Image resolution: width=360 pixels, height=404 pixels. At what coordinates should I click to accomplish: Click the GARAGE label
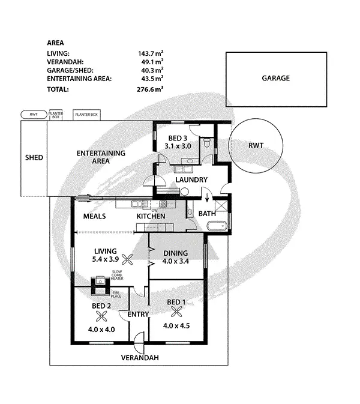point(275,78)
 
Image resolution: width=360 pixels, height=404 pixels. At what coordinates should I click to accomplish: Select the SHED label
point(34,158)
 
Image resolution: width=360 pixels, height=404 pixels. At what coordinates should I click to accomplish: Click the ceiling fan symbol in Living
point(127,259)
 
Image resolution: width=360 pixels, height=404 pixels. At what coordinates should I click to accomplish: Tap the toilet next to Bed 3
point(206,143)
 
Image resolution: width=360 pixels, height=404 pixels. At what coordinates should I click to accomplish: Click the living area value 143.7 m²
point(151,53)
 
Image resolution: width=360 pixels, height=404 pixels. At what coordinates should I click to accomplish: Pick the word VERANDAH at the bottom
point(140,358)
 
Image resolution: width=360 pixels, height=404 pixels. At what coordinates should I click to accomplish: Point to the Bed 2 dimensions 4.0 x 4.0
point(101,329)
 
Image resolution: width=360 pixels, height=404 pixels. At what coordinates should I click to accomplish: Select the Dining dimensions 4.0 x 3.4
point(176,262)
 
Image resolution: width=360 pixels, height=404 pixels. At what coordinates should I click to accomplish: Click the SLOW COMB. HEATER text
point(117,277)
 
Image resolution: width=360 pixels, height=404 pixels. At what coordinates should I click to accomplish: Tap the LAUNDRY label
point(191,179)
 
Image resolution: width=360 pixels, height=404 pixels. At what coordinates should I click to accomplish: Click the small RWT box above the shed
point(34,113)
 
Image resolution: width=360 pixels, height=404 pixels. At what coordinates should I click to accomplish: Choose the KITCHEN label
point(151,216)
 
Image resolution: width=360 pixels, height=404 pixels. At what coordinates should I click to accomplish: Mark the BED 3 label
point(178,137)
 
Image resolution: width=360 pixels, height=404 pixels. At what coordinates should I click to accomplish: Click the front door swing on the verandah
point(139,346)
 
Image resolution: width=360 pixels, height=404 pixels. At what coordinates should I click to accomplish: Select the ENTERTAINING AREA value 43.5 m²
point(151,79)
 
